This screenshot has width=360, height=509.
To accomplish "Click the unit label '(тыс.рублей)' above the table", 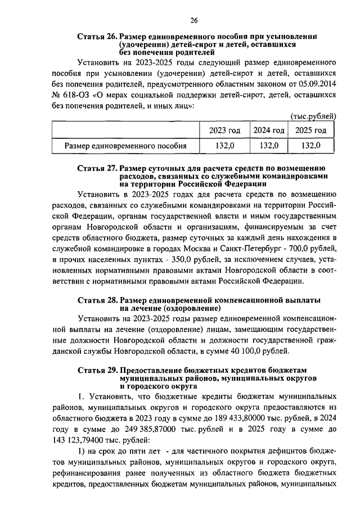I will [x=313, y=116].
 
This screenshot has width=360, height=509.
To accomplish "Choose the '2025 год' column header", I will [x=311, y=130].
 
